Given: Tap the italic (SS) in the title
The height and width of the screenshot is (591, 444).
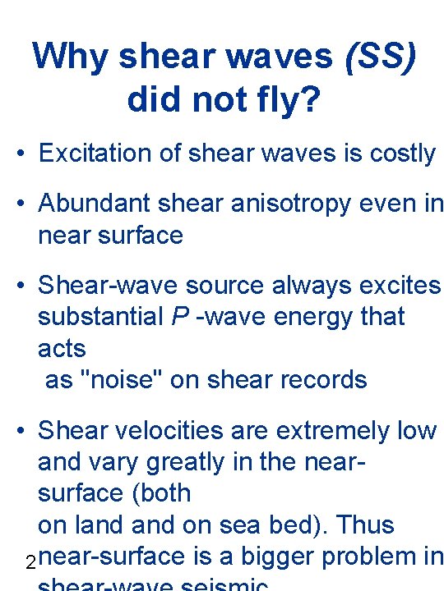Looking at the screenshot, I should point(380,57).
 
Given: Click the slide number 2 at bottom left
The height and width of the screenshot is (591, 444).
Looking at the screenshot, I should point(30,563).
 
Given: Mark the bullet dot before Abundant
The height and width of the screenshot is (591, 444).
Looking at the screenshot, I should point(24,204).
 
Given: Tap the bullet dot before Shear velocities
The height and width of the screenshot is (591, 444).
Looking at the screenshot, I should point(24,431).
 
